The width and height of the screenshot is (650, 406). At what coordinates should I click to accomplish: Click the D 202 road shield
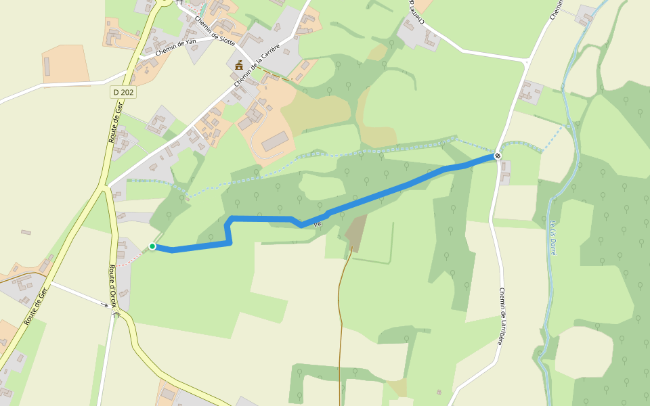coord(123,91)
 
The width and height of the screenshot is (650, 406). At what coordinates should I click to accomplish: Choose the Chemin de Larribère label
coord(502,317)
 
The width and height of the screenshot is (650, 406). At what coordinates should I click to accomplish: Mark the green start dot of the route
coord(152,246)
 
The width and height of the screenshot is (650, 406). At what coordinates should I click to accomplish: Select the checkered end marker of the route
coord(498,156)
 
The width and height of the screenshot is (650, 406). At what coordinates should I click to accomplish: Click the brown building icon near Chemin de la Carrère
coord(238,66)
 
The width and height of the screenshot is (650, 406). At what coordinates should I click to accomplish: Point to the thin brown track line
coord(340,325)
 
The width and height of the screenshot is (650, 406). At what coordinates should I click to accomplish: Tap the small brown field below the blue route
coord(355,230)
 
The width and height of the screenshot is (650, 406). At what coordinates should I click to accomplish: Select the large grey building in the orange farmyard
coord(274,141)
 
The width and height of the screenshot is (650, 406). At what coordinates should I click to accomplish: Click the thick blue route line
coord(393,190)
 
